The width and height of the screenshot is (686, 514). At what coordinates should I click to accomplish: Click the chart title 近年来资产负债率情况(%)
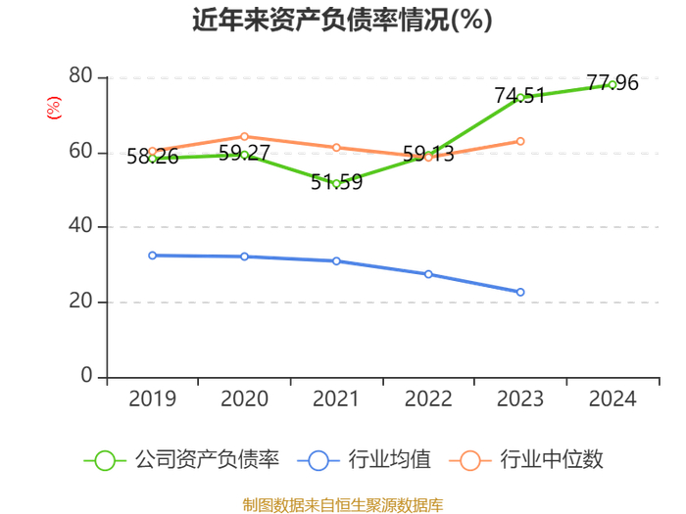[x=343, y=21]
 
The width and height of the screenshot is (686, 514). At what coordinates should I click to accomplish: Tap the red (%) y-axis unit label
[x=54, y=108]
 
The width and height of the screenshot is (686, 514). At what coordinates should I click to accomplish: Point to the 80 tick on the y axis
[x=80, y=76]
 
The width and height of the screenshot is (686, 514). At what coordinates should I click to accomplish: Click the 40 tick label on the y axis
[x=80, y=226]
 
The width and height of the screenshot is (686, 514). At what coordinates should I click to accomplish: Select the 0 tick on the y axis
[x=86, y=376]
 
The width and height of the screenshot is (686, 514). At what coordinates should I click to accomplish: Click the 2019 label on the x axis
[x=152, y=398]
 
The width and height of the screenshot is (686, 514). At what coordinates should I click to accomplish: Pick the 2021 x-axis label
[x=336, y=398]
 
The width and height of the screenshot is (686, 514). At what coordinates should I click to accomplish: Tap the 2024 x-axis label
[x=612, y=398]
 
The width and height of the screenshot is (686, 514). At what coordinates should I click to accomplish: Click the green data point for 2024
[x=612, y=85]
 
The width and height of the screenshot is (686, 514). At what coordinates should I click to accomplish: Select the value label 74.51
[x=519, y=96]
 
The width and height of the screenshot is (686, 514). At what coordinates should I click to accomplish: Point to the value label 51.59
[x=336, y=182]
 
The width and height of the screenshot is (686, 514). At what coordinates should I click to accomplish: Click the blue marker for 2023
[x=520, y=292]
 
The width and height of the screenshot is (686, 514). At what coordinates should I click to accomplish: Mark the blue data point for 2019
[x=152, y=256]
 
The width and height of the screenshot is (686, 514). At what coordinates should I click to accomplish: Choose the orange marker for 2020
[x=244, y=137]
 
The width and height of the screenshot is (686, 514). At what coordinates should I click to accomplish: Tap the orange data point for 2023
[x=520, y=141]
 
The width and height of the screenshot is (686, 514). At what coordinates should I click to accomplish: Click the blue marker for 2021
[x=336, y=261]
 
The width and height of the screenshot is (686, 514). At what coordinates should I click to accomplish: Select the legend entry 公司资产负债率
[x=181, y=460]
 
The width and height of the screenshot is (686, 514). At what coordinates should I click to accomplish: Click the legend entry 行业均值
[x=364, y=460]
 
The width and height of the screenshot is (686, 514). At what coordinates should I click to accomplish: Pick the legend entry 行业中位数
[x=526, y=460]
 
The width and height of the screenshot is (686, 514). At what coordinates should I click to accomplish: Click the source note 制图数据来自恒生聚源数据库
[x=343, y=505]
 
